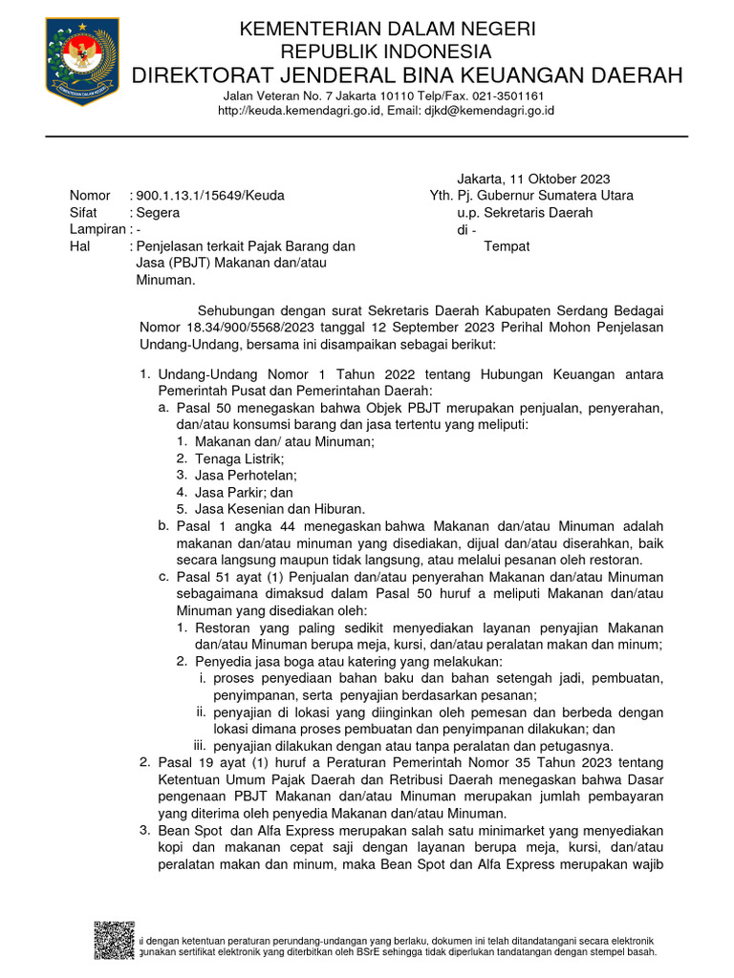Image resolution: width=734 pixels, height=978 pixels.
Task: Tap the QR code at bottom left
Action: tap(114, 940)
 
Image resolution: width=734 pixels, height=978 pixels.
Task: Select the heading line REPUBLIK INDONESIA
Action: tap(386, 52)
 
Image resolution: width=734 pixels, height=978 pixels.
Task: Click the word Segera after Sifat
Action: tap(157, 213)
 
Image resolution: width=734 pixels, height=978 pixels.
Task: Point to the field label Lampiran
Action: tap(97, 229)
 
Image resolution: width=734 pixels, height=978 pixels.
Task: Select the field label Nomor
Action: tap(90, 196)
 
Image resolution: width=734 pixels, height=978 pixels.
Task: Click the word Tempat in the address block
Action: tap(507, 246)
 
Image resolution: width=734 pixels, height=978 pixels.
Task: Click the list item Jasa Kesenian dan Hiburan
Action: tap(279, 509)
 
